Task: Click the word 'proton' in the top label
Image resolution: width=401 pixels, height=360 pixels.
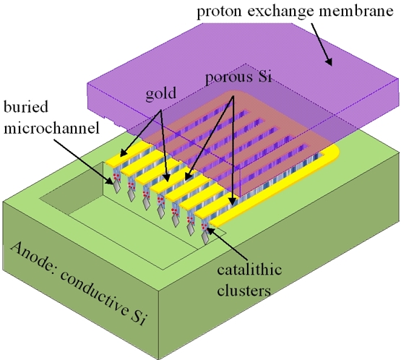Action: point(219,12)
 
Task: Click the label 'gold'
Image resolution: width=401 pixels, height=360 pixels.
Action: point(161,94)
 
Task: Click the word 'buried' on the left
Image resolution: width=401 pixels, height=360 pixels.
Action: point(26,107)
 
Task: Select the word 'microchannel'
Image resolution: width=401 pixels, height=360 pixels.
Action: point(51,127)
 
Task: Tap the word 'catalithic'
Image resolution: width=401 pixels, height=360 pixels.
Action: point(249,270)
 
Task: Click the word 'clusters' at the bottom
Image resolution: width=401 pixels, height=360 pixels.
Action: point(243,291)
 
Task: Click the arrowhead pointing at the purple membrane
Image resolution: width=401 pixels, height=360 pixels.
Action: point(329,61)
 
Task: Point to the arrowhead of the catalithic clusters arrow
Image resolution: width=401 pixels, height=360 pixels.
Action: point(210,230)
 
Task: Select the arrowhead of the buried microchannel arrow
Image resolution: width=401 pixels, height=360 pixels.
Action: point(110,181)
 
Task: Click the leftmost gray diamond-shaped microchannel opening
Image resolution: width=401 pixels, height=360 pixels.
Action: point(117,186)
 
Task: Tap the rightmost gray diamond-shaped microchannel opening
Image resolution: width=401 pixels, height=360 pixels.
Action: point(205,239)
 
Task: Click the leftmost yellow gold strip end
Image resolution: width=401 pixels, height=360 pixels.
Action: point(113,161)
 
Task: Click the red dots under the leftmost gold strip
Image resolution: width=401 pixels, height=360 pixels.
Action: point(116,176)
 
